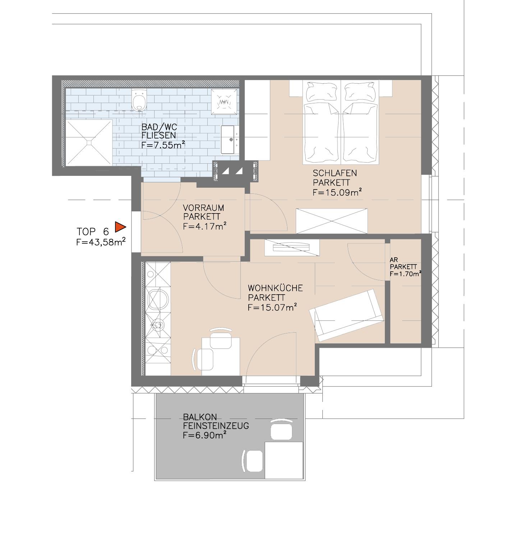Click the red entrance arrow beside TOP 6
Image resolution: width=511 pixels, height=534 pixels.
[120, 227]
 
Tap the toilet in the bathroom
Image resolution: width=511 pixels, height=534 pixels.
[139, 99]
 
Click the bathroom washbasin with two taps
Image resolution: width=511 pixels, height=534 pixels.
[229, 139]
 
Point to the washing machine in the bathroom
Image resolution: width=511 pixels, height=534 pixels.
[224, 102]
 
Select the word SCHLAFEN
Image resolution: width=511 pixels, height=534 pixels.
[335, 173]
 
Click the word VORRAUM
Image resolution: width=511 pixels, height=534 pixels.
[203, 208]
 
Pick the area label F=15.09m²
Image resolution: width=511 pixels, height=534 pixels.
[337, 192]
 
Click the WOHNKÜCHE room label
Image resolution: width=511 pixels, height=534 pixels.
[275, 288]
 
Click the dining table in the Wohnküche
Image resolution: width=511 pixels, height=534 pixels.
[221, 356]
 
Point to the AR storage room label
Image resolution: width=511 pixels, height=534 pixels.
[393, 259]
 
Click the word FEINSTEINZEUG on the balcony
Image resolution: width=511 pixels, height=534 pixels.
[216, 426]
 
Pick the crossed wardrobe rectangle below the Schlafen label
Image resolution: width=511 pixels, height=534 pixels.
[332, 221]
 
